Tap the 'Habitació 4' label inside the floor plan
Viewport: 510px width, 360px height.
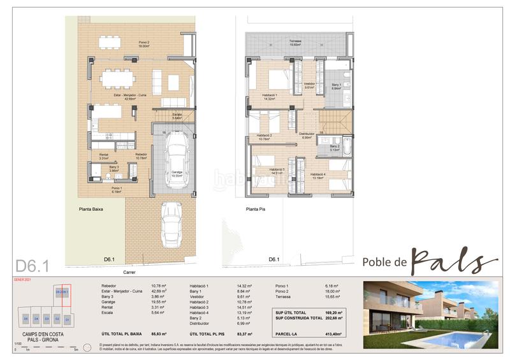pos(320,175)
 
